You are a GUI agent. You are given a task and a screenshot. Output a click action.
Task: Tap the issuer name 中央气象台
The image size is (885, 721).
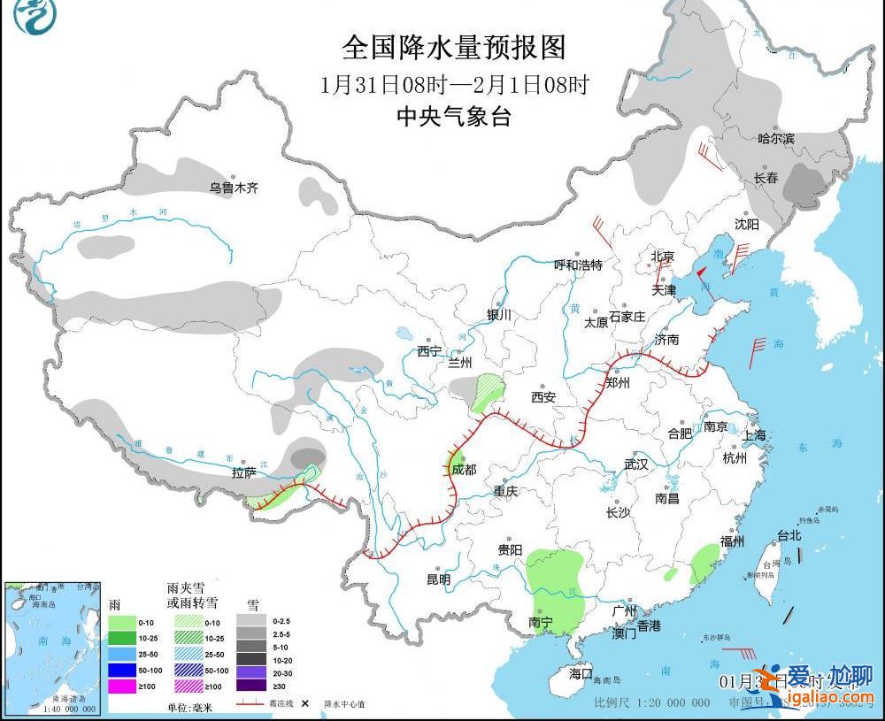click(x=454, y=116)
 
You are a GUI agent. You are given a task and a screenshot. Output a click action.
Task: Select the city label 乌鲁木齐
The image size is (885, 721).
click(x=234, y=188)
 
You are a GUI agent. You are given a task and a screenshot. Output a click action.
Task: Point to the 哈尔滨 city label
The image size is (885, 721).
click(x=776, y=139)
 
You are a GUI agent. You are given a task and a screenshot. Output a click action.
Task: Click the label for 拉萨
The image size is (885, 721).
click(x=244, y=473)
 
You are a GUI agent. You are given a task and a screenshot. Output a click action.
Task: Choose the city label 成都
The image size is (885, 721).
click(x=464, y=470)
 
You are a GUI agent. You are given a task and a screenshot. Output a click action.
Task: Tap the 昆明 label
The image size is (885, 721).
click(x=439, y=579)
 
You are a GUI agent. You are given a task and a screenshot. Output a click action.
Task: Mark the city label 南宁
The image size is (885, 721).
click(x=541, y=623)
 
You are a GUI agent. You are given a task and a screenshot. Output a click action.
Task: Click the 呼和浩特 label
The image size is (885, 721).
click(x=578, y=265)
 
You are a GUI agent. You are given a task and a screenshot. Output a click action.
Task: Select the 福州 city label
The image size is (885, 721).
click(x=732, y=541)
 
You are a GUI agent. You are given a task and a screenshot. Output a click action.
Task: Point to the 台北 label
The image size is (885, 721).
click(x=789, y=535)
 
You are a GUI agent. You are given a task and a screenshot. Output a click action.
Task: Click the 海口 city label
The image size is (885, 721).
click(x=581, y=673)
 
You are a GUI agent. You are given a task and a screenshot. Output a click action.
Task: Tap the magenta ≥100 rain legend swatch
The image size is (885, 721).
click(x=124, y=686)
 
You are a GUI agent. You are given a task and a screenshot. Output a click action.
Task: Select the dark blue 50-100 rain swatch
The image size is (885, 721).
click(x=124, y=670)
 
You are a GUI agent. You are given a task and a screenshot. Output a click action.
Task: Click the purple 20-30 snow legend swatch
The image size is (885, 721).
click(x=252, y=670)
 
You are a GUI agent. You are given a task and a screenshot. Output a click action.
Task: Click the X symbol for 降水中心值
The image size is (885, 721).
click(x=304, y=704)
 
